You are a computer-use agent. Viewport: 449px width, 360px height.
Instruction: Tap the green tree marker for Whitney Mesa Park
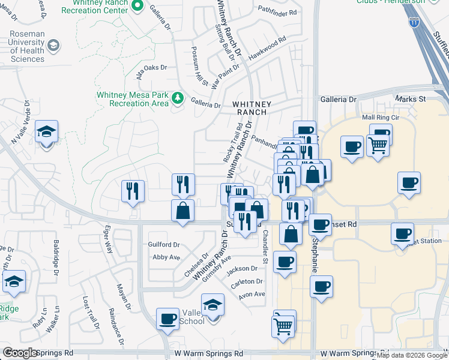coord(178,98)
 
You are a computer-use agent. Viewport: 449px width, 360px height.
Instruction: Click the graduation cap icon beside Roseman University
coord(53,46)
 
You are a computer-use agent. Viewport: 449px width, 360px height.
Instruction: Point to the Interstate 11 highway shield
coord(414,22)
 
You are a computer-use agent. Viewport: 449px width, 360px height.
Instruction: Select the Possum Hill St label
coord(198,66)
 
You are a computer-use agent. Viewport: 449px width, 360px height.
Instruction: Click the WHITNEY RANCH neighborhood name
coord(252,108)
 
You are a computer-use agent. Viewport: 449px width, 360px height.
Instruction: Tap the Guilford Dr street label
coord(164,245)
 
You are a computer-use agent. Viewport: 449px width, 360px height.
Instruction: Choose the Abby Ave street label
coord(166,257)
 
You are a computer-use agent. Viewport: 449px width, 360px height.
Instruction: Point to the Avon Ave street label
coord(252,294)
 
